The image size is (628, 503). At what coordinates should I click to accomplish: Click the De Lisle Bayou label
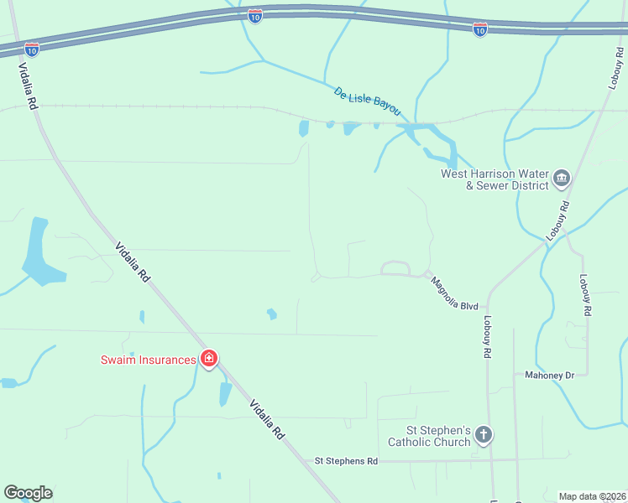coord(368,102)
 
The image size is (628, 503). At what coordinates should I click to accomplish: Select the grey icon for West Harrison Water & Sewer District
coord(562,178)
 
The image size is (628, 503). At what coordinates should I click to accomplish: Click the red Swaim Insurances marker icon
coord(209,360)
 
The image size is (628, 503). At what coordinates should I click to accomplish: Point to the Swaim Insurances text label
coord(149,360)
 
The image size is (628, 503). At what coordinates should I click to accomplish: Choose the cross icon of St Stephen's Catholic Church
coord(483,435)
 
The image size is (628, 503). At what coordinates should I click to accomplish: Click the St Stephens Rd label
coord(346,461)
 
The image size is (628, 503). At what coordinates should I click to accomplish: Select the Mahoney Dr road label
coord(550,375)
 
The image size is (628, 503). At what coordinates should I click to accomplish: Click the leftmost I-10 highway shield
coord(32,49)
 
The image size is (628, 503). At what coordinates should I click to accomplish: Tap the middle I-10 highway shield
coord(255,15)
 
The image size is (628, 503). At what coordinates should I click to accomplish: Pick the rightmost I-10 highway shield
coord(479,29)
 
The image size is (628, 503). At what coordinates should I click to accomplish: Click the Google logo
coord(28,493)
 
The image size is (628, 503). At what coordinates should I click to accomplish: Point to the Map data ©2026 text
coord(592,495)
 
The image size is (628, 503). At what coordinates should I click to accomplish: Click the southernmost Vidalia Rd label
coord(268,420)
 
